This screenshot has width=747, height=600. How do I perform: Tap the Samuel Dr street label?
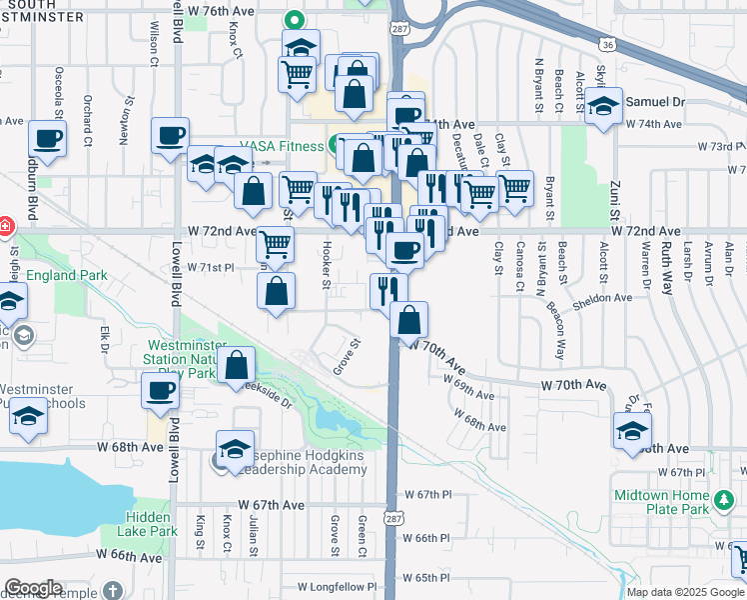[x=655, y=102]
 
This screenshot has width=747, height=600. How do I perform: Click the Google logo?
[x=32, y=589]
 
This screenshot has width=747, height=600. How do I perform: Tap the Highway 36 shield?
[x=607, y=45]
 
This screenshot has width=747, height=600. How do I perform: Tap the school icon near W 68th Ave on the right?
[x=631, y=430]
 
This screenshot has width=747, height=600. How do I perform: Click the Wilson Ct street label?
[x=154, y=39]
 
